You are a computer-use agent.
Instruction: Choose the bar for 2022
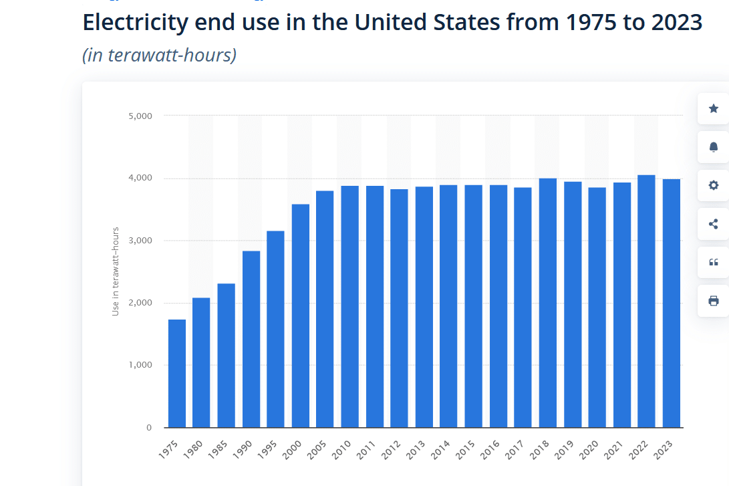coord(646,301)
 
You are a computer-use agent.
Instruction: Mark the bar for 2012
coord(399,308)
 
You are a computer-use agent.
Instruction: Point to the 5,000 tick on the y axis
coord(140,116)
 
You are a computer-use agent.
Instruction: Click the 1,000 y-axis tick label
coord(140,365)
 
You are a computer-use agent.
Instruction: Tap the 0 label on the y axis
coord(148,428)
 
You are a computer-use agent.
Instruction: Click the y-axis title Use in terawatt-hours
coord(116,271)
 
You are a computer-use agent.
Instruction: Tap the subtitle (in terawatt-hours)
coord(159,55)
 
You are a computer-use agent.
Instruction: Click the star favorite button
coord(713,108)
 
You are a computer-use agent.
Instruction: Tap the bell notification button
coord(713,147)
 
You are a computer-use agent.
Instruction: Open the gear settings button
coord(713,185)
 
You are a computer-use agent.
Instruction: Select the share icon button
coord(713,224)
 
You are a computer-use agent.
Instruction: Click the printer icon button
coord(713,301)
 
